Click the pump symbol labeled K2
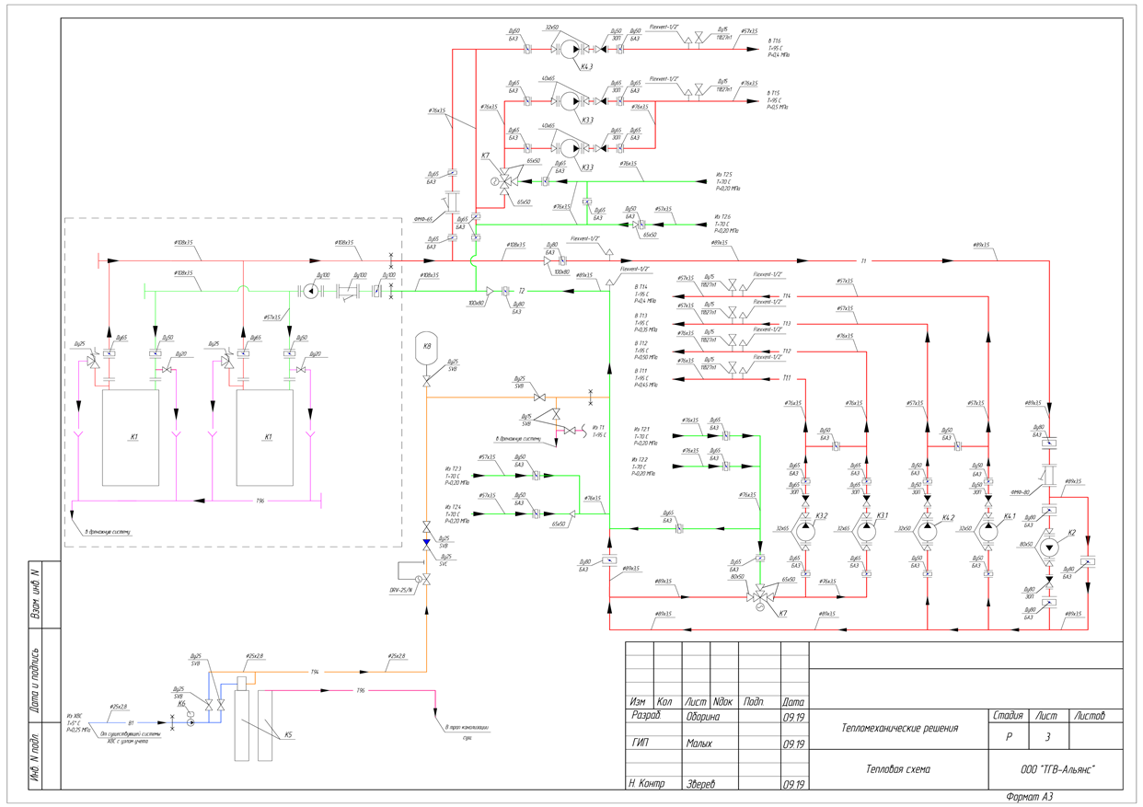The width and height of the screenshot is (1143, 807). tap(1049, 546)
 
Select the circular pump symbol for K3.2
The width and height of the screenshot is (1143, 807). tap(805, 532)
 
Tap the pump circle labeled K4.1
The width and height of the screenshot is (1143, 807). tap(987, 532)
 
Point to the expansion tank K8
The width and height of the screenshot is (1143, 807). tap(426, 349)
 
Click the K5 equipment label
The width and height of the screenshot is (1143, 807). tap(288, 734)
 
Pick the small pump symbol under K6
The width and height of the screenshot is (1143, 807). tap(190, 722)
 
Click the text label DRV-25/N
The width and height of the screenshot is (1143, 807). tap(401, 590)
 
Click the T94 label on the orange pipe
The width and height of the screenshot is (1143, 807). tap(314, 672)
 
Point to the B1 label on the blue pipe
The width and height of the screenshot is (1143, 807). tap(131, 722)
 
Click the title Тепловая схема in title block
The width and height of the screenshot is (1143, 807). tap(897, 769)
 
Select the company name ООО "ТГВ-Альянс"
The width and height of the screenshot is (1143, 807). tap(1054, 769)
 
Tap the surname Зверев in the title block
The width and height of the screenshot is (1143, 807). tap(700, 785)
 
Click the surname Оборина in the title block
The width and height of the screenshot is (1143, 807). tap(703, 716)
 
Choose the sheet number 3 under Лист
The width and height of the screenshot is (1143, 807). tap(1046, 737)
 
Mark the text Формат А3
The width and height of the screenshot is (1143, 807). tap(1029, 797)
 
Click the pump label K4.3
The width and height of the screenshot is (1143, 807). tap(585, 66)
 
